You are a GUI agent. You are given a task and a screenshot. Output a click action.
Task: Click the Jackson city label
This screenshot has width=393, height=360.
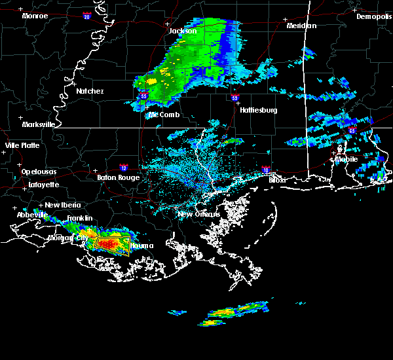tap(183, 31)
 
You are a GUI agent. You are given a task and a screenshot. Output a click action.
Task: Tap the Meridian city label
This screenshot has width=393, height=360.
tap(301, 26)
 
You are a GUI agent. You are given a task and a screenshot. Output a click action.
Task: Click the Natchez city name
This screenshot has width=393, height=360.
tap(90, 91)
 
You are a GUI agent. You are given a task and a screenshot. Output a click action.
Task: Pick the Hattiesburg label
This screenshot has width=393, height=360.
tap(259, 110)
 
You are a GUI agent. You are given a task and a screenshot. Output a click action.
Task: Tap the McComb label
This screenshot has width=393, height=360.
tap(164, 115)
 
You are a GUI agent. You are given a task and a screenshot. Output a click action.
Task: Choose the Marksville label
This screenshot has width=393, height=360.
tap(38, 124)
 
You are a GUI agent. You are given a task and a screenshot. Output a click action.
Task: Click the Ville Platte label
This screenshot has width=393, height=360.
tap(22, 145)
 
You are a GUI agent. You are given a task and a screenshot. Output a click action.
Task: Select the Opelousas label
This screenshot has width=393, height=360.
tap(39, 171)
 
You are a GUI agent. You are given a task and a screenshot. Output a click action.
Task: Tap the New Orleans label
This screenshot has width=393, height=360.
tap(196, 214)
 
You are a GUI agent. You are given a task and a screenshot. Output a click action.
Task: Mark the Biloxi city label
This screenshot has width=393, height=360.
tap(278, 179)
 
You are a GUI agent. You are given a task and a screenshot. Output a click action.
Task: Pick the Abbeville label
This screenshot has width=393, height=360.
tap(33, 215)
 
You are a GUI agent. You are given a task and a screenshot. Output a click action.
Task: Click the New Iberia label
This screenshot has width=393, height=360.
tap(59, 205)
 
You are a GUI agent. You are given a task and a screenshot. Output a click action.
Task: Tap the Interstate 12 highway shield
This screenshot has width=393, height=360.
tap(124, 167)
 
